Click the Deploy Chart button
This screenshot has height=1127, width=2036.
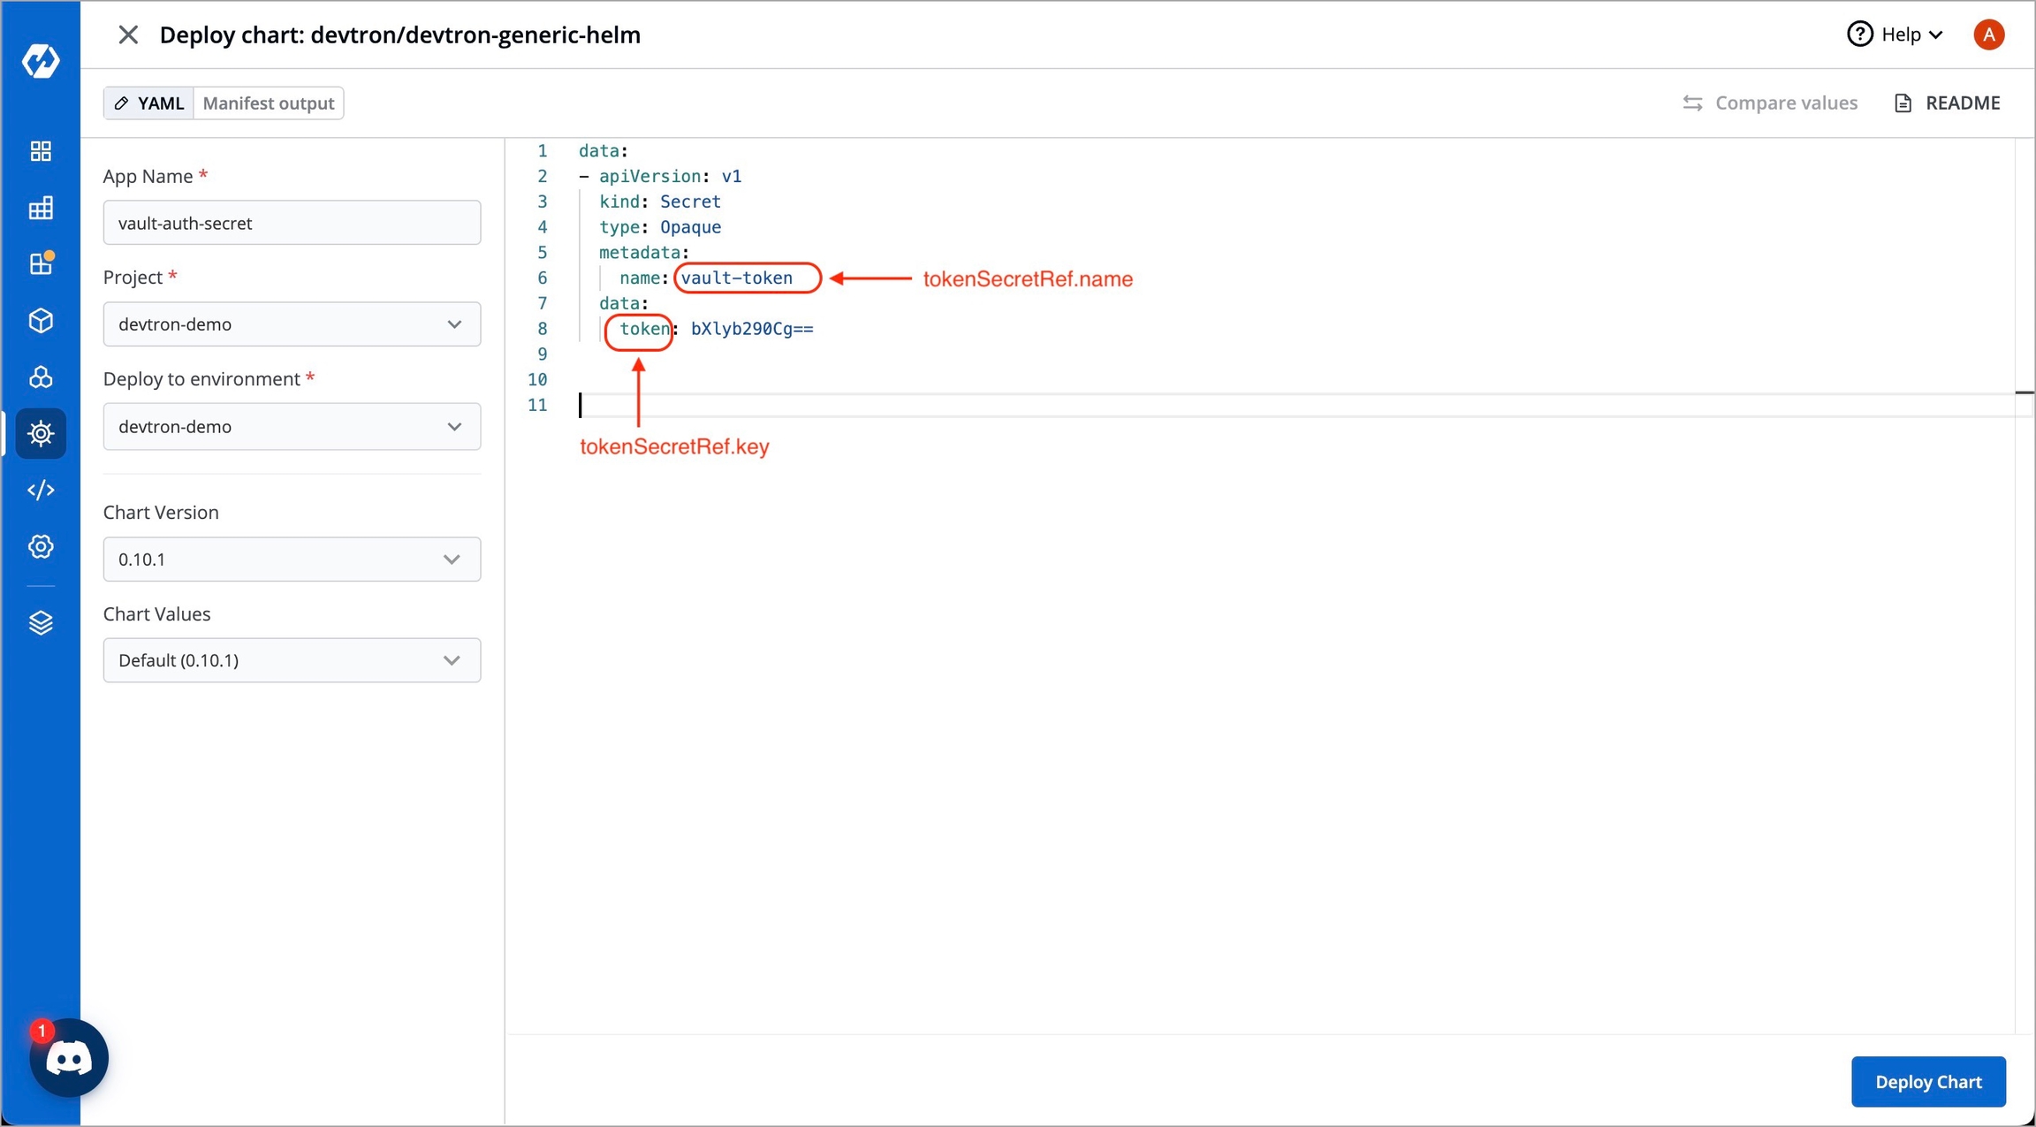click(1928, 1081)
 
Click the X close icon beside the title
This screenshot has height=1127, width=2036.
click(128, 34)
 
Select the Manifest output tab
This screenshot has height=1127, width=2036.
click(269, 103)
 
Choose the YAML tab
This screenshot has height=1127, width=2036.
click(149, 103)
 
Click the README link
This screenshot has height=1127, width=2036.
click(1948, 103)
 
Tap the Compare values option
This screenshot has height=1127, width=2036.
click(1770, 103)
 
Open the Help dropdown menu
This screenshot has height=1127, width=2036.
click(1895, 34)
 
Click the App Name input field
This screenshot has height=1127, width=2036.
click(292, 223)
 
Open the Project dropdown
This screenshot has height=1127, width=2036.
click(292, 324)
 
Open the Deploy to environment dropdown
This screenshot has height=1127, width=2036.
click(292, 427)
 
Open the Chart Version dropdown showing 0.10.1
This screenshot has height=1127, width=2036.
click(292, 560)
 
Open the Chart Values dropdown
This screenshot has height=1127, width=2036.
click(292, 660)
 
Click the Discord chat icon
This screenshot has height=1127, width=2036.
click(69, 1058)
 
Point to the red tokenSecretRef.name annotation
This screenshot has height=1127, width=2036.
click(1028, 279)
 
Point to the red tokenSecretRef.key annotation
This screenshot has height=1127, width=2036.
click(674, 446)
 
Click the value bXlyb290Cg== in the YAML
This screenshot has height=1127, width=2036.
click(752, 329)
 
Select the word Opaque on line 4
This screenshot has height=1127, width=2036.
click(691, 227)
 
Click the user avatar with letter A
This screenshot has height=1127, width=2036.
click(1989, 34)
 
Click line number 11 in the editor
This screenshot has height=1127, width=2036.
click(537, 405)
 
